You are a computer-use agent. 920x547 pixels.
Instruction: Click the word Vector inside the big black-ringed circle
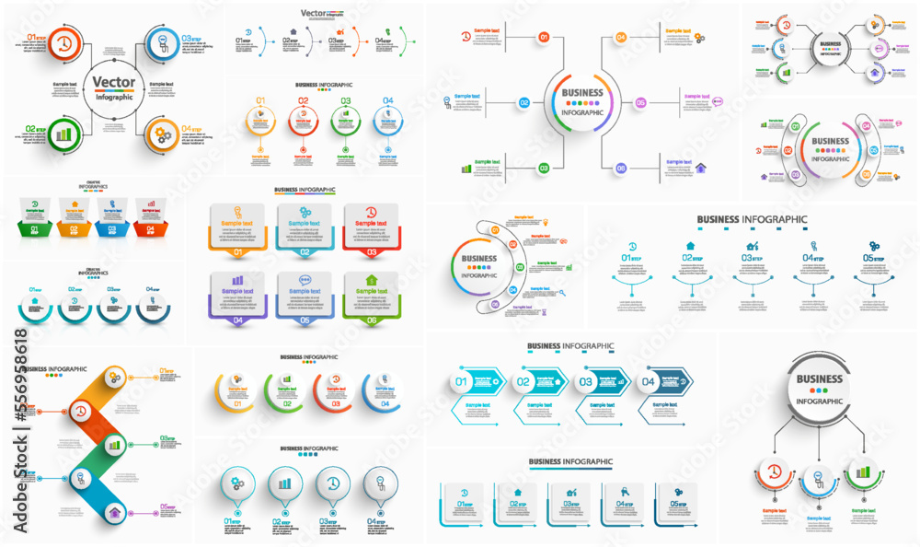click(114, 82)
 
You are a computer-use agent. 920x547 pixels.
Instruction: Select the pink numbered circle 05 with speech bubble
click(641, 103)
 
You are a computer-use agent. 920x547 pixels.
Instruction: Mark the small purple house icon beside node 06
click(700, 168)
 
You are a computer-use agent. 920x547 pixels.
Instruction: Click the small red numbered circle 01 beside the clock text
click(544, 38)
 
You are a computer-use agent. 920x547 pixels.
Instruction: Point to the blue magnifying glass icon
click(561, 294)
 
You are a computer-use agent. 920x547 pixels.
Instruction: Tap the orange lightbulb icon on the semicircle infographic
click(546, 222)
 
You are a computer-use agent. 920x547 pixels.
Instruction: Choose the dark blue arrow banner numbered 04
click(666, 381)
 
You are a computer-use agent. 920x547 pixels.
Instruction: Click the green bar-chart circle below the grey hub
click(863, 472)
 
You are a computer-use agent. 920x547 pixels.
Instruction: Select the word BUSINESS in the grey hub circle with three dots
click(819, 378)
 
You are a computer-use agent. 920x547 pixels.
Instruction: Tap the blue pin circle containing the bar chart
click(284, 483)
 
